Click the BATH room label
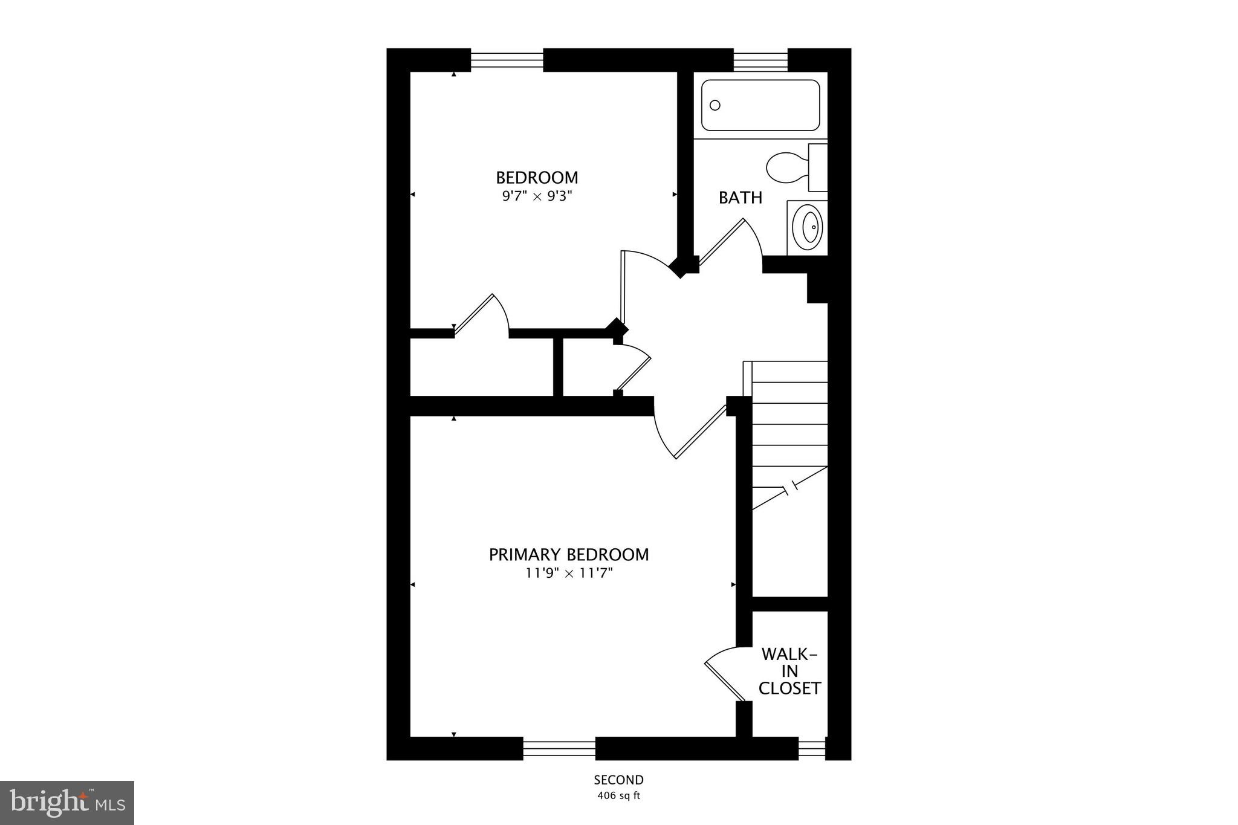(740, 198)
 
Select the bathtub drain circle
(715, 105)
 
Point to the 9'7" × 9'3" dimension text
(537, 196)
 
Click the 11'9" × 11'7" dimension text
(569, 573)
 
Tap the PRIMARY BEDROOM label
(569, 554)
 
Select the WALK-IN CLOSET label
(789, 671)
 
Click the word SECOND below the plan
(618, 780)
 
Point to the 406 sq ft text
(618, 795)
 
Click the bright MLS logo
(67, 803)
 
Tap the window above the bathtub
(760, 60)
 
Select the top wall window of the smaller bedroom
(507, 60)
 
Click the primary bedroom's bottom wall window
(559, 749)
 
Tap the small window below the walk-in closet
(812, 749)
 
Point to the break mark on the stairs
(790, 488)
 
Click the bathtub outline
(760, 105)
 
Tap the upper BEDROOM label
(537, 178)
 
